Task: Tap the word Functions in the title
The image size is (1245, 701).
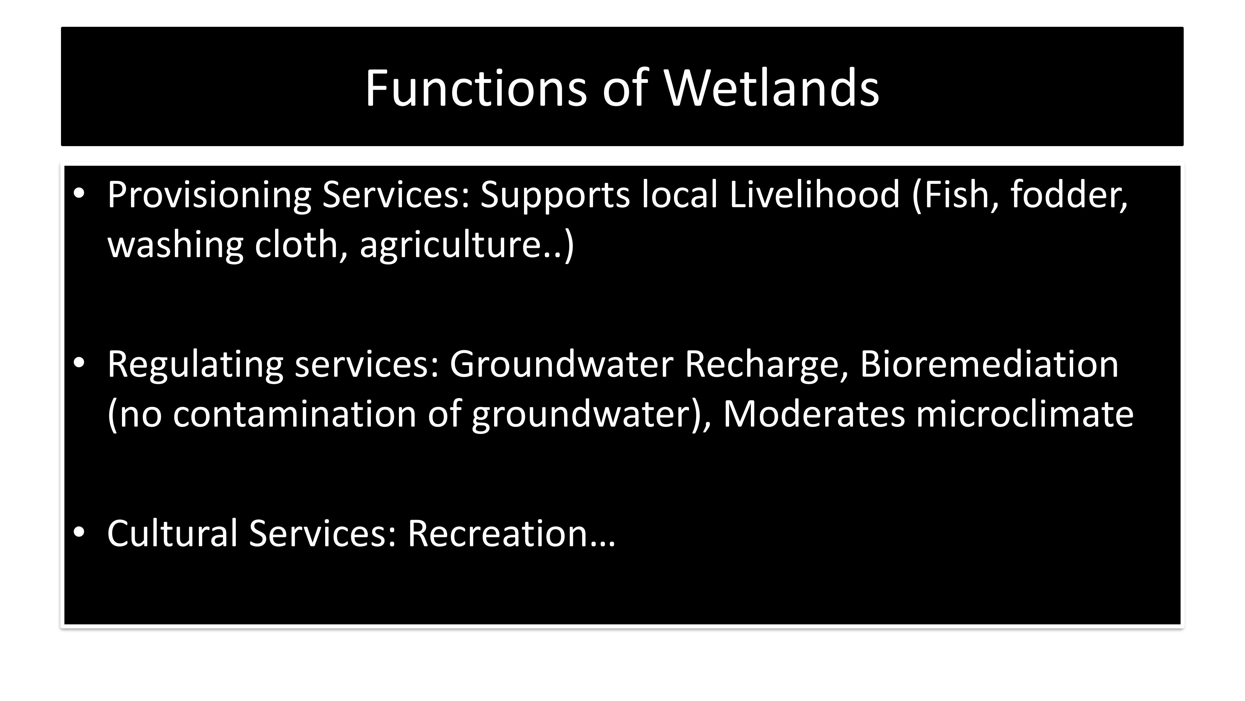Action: [x=476, y=88]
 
